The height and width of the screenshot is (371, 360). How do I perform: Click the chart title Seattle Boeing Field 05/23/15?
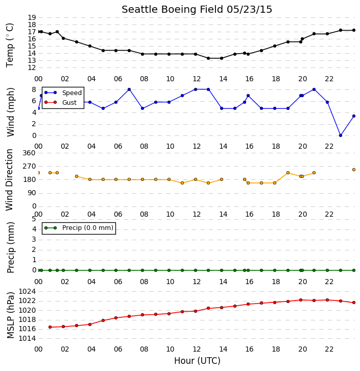tap(197, 10)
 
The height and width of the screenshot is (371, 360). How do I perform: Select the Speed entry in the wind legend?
tap(63, 93)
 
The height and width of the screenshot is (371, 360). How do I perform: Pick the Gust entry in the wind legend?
tap(61, 102)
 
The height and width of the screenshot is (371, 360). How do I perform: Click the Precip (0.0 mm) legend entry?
tap(79, 228)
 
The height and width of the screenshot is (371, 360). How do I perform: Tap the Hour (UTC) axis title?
tap(197, 361)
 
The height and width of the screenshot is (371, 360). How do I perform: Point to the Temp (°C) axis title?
tap(10, 45)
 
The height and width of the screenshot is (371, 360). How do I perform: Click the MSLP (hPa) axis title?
tap(10, 315)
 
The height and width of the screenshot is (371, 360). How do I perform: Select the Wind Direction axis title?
tap(10, 179)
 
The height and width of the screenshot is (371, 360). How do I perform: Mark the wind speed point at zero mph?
tap(341, 135)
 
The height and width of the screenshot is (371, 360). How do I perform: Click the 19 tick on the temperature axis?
tap(32, 17)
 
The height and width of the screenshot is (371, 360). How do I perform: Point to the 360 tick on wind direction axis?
tap(29, 153)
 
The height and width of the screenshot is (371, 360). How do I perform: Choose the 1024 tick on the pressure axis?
tap(28, 291)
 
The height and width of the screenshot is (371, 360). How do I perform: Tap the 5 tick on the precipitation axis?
tap(34, 219)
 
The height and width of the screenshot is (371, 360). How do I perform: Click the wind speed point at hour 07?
tap(129, 89)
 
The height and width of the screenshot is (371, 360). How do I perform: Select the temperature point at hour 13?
tap(208, 58)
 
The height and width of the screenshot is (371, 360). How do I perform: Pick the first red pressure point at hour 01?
tap(50, 327)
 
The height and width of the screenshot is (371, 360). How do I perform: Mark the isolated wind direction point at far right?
tap(354, 170)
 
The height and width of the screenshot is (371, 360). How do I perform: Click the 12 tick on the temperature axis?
tap(32, 67)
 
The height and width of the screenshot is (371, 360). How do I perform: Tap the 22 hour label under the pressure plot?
tap(329, 349)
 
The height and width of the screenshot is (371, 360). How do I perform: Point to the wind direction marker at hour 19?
tap(288, 173)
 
